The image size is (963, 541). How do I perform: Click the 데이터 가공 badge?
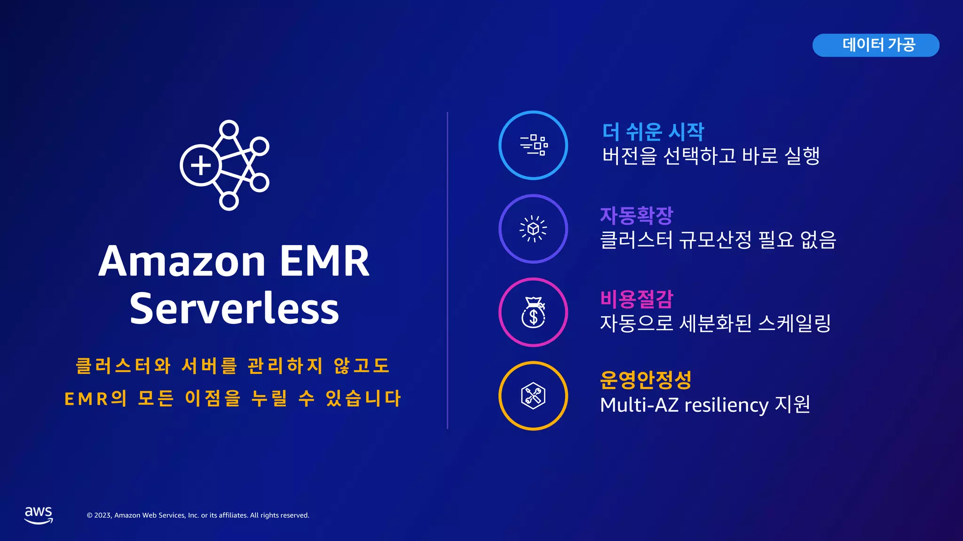pos(876,45)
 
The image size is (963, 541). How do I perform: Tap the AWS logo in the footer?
pos(39,515)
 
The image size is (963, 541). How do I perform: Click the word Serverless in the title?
pos(234,309)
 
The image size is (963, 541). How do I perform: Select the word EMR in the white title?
pos(324,261)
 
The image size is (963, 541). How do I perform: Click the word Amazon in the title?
pos(182,261)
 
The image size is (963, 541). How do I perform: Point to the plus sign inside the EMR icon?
pos(201,165)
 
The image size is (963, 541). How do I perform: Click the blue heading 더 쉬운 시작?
pos(653,132)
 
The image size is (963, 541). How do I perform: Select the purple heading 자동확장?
pos(637,216)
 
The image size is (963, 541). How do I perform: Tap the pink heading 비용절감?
pos(637,299)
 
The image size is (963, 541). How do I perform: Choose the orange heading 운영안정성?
pos(646,380)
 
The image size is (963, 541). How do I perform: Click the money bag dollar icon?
pos(533,312)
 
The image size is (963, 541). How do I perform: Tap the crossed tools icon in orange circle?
pos(533,396)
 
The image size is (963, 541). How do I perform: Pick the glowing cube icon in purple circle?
pos(533,229)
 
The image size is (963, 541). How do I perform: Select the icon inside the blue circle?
pos(534,145)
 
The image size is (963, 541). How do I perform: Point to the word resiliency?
pos(726,405)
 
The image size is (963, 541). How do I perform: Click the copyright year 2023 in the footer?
pos(103,515)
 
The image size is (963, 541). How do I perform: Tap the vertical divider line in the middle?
pos(447,270)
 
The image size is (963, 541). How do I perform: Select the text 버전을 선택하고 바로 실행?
pos(711,156)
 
